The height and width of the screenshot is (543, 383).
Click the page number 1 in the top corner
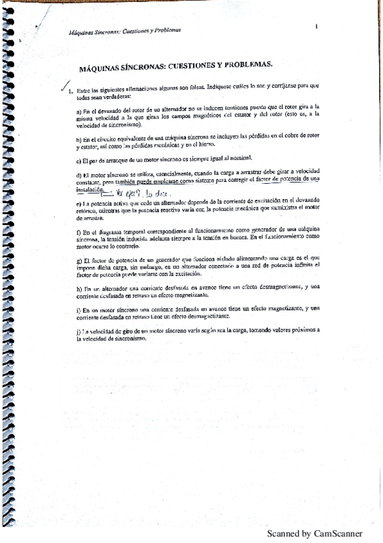coord(317,26)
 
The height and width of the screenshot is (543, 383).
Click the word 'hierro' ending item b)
coord(208,145)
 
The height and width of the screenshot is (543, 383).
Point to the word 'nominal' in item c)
coord(240,159)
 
